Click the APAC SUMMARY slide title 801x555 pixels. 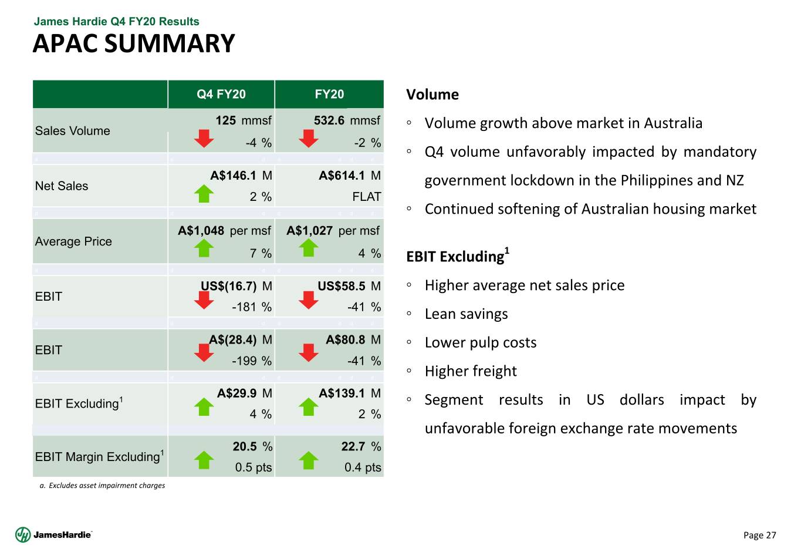tap(134, 44)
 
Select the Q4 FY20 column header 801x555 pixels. tap(221, 95)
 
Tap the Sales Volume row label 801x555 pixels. tap(73, 131)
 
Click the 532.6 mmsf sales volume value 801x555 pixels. tap(347, 120)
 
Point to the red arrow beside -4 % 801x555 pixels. tap(204, 139)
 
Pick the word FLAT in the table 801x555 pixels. tap(367, 197)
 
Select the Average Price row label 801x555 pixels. tap(73, 241)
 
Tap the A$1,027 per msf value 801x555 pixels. tap(333, 231)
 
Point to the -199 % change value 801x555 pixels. tap(252, 361)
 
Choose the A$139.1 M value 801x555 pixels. tap(350, 393)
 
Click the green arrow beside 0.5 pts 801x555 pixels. tap(204, 460)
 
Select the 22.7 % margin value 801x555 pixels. tap(361, 447)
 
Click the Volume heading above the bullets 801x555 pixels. tap(432, 95)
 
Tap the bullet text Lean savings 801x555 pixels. tap(466, 314)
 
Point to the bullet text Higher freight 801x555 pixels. tap(471, 371)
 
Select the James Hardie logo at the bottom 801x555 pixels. tap(54, 534)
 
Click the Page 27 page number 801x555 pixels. tap(759, 535)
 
